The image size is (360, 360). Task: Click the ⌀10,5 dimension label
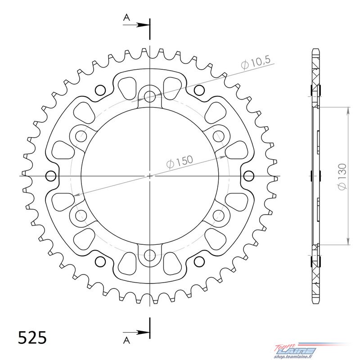[256, 62]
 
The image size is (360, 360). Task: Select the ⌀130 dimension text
[342, 176]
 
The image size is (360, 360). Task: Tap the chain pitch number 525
[32, 337]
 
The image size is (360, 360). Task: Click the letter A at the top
[126, 17]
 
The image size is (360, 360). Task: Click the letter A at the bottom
[126, 341]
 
